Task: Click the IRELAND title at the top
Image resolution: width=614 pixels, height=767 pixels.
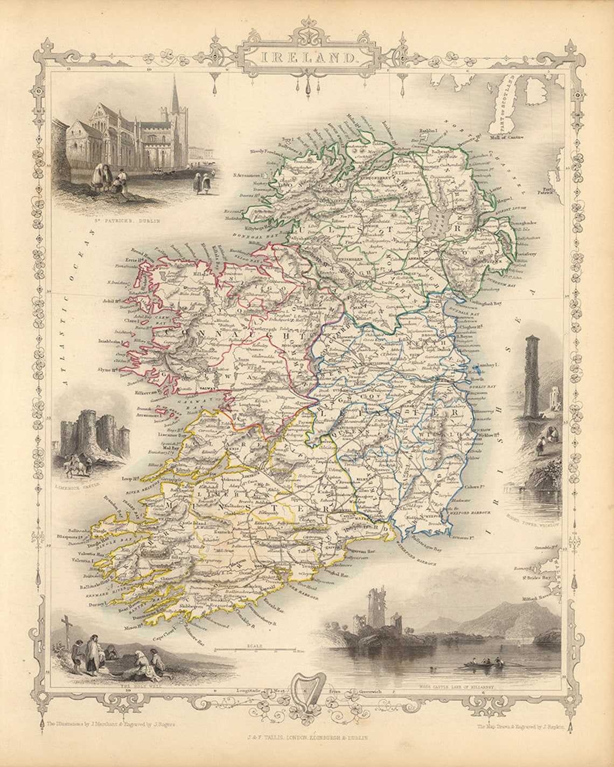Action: [308, 56]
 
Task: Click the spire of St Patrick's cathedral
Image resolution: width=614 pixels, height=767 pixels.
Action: [175, 94]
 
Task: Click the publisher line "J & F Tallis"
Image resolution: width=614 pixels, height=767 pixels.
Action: [306, 738]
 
